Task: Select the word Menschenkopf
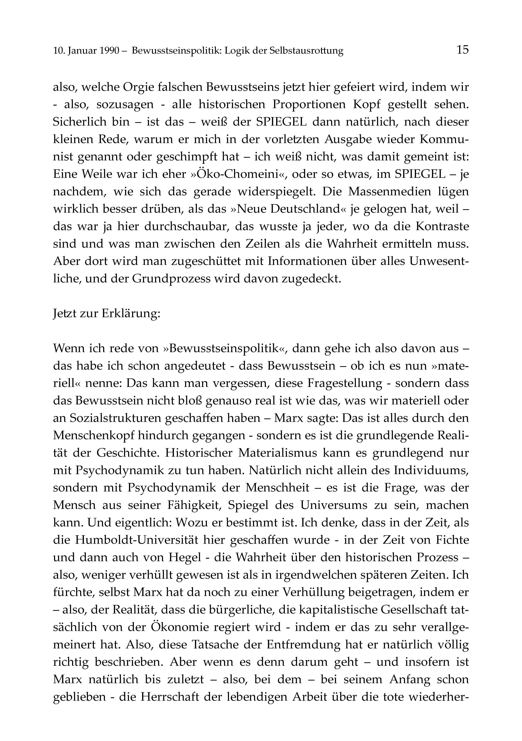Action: click(94, 436)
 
